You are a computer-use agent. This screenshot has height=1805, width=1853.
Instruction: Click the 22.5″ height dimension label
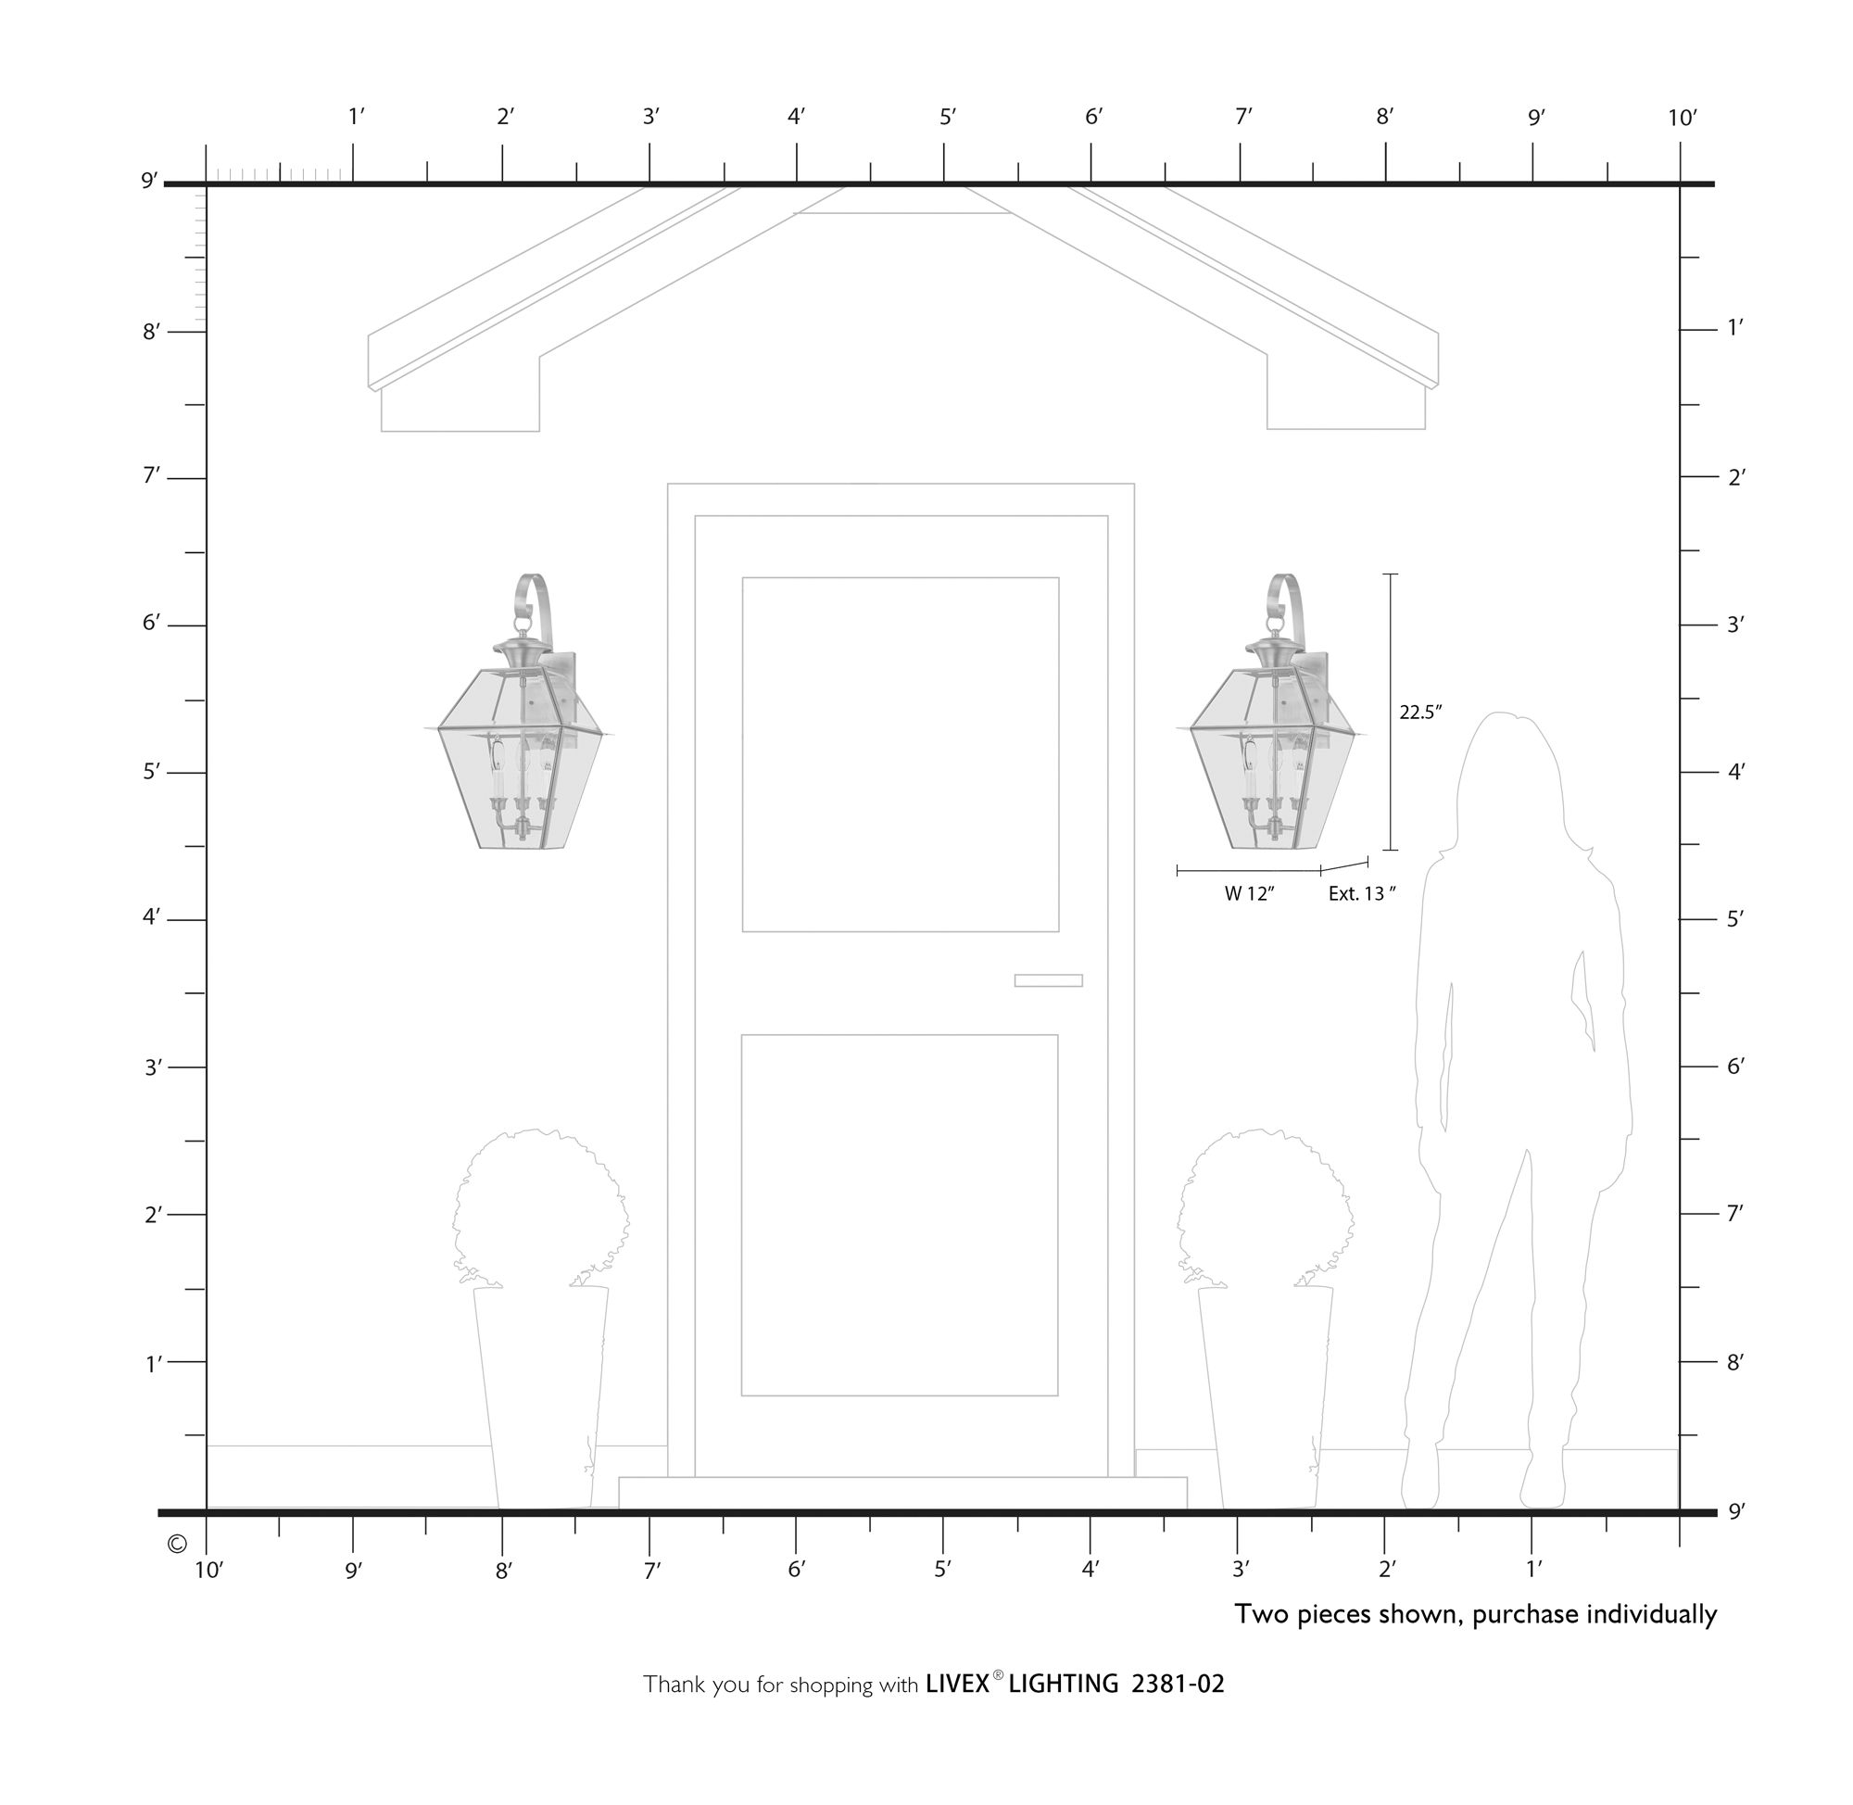(1418, 712)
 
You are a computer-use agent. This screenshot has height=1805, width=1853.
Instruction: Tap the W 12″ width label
(1248, 893)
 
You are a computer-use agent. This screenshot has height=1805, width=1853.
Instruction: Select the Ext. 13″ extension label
(1361, 893)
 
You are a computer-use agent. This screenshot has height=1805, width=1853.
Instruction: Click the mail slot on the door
(1047, 980)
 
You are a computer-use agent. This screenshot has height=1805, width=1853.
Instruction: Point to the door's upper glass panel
(900, 753)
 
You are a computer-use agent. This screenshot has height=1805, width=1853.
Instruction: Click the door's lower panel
(899, 1215)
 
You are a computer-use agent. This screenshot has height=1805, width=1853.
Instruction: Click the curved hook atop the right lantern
(1286, 598)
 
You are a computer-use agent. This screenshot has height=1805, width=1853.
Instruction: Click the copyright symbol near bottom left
(176, 1545)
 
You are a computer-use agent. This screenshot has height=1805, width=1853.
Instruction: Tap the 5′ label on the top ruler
(947, 117)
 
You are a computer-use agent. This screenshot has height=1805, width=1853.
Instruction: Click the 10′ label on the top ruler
(1682, 119)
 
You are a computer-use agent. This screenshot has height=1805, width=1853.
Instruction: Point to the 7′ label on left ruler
(152, 475)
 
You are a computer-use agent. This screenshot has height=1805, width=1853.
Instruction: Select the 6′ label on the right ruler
(1734, 1067)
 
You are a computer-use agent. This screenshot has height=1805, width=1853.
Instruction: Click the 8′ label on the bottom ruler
(503, 1571)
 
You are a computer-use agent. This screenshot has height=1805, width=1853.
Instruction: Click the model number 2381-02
(1178, 1684)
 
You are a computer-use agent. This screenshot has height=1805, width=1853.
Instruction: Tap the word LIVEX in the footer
(957, 1684)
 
